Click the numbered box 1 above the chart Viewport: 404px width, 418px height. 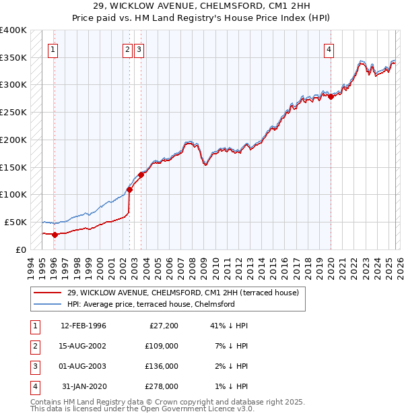(53, 49)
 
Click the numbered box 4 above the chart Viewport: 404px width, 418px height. (329, 49)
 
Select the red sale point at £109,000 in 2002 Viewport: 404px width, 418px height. (129, 189)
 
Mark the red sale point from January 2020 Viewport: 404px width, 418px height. (331, 96)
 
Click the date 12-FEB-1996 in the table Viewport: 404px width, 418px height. (83, 326)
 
